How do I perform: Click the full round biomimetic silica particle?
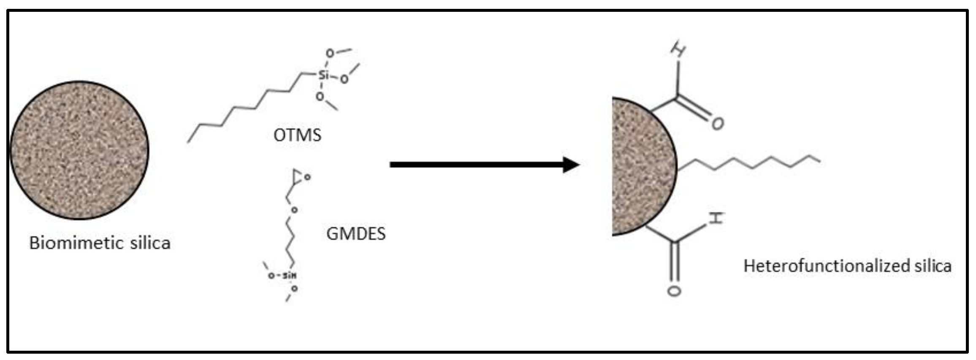coord(79,150)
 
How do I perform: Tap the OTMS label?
coord(297,135)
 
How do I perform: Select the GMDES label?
coord(356,233)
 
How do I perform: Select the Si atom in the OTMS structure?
coord(323,75)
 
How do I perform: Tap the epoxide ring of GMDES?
coord(298,176)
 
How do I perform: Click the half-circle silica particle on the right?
coord(642,166)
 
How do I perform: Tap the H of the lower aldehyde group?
coord(716,218)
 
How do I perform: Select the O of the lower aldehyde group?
coord(674,291)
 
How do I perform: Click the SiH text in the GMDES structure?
coord(290,276)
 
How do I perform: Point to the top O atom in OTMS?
coord(330,53)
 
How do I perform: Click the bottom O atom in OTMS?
coord(320,97)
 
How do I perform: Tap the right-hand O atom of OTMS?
coord(344,79)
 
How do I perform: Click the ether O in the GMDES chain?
coord(295,210)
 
